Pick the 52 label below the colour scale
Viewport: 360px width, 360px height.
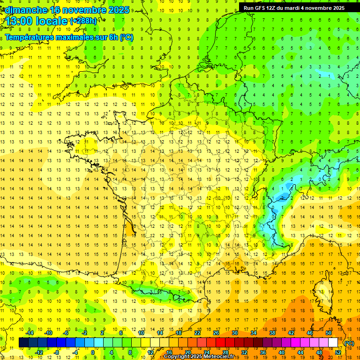[x=338, y=352]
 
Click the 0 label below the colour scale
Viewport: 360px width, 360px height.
[x=93, y=352]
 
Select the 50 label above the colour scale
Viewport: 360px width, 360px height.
[x=328, y=333]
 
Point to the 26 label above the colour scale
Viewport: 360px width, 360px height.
[x=216, y=333]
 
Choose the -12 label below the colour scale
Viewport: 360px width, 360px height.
[x=39, y=352]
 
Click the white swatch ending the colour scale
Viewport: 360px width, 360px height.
[x=333, y=343]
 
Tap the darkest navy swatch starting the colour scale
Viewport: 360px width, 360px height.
[x=23, y=343]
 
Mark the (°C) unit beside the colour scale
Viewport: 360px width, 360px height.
[x=349, y=343]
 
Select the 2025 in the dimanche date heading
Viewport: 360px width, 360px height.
[x=119, y=10]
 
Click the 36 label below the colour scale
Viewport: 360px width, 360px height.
[x=263, y=352]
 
